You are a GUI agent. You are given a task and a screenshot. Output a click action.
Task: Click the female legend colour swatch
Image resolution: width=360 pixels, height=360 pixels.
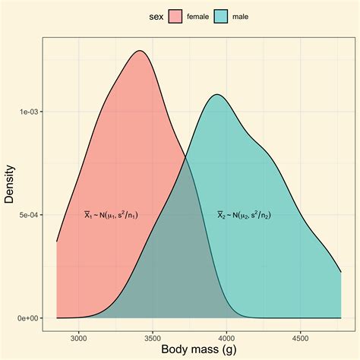(x=175, y=16)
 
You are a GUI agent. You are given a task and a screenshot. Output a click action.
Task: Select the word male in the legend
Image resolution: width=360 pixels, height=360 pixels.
(x=241, y=16)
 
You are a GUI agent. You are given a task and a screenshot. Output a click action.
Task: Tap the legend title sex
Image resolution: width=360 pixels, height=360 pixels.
(x=155, y=16)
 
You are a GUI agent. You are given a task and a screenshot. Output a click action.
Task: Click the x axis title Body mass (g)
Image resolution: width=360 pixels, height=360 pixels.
(x=198, y=349)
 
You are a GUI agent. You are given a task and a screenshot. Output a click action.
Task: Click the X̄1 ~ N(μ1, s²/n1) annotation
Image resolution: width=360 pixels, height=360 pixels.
(x=110, y=215)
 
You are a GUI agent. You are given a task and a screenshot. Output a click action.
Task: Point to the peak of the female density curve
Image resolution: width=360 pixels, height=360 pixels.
(x=140, y=51)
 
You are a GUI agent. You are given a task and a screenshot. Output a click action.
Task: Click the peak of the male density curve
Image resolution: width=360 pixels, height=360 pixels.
(x=218, y=94)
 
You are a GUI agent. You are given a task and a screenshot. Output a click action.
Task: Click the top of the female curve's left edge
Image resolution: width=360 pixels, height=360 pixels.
(x=57, y=242)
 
